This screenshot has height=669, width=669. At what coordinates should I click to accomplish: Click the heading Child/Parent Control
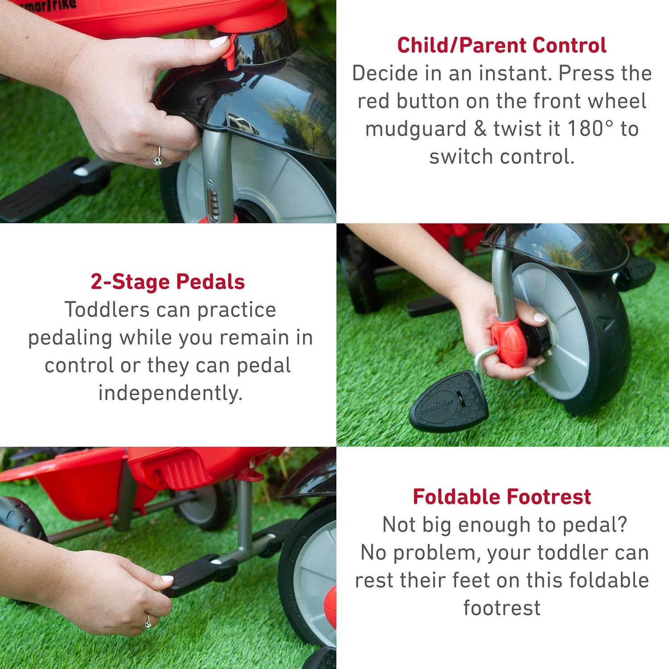click(502, 45)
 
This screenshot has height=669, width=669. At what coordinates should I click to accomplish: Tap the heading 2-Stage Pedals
click(168, 281)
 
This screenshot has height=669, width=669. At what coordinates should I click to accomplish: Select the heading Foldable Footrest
click(502, 496)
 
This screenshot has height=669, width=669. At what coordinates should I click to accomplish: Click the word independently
click(170, 393)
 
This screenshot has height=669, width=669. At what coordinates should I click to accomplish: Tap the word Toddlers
click(107, 310)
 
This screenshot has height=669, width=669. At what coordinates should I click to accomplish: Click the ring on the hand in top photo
click(158, 157)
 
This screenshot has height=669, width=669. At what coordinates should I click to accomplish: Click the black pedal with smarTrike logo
click(448, 401)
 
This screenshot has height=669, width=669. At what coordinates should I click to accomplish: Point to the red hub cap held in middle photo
click(509, 341)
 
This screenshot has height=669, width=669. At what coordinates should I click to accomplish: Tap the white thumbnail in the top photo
click(219, 42)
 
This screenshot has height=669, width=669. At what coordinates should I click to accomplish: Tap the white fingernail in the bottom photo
click(167, 578)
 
